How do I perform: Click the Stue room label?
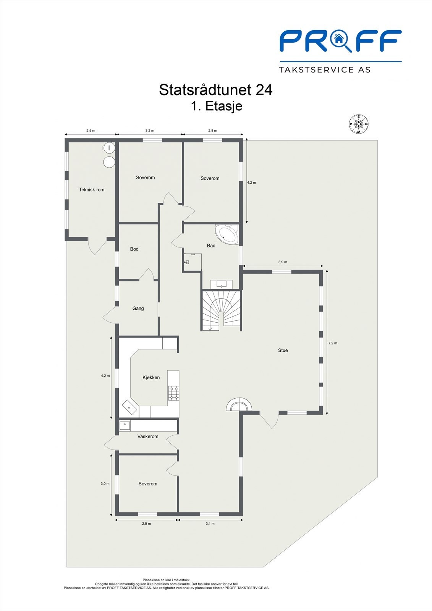283,350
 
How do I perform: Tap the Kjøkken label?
151,377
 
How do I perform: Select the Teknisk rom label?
92,189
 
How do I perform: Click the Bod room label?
134,249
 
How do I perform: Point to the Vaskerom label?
148,436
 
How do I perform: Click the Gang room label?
138,308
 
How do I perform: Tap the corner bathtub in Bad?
227,234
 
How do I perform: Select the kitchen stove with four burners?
174,393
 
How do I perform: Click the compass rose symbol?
358,124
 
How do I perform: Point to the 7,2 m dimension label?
333,343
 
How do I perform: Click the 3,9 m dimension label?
283,262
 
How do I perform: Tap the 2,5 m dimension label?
91,131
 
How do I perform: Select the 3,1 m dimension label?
210,524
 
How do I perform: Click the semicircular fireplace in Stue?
239,405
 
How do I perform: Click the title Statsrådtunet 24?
215,90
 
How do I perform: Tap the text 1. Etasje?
217,106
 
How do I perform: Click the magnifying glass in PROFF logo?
340,40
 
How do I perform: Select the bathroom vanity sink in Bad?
222,284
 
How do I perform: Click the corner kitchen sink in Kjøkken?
129,407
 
